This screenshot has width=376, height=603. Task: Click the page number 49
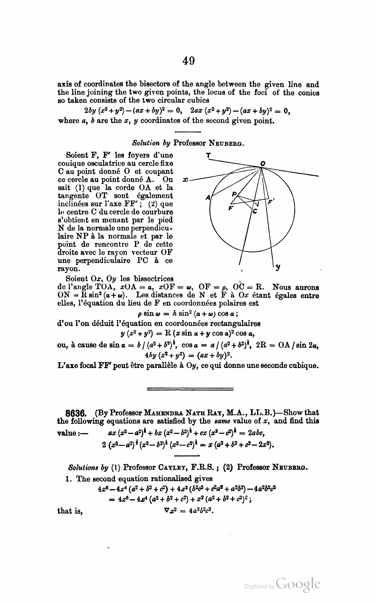(189, 61)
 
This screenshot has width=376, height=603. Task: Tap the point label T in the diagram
(209, 155)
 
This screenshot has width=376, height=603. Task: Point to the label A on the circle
(208, 197)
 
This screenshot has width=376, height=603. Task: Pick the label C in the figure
(255, 211)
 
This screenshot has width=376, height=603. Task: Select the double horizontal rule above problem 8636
(190, 389)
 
